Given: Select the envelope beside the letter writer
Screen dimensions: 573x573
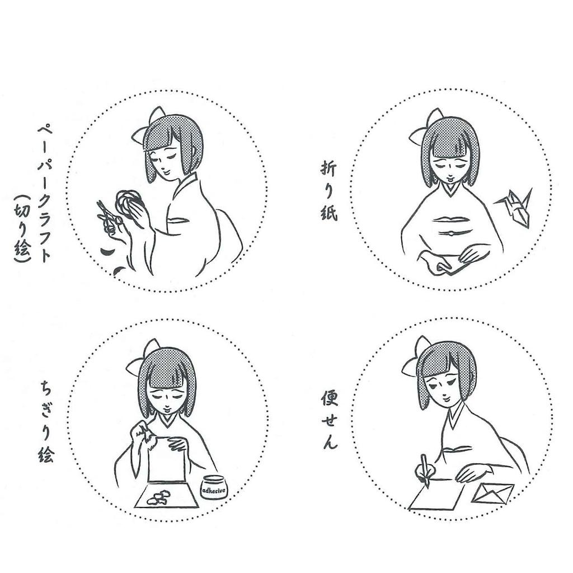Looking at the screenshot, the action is (492, 494).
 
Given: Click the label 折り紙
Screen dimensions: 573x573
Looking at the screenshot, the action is (329, 191).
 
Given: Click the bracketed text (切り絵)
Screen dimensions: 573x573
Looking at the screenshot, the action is (22, 228).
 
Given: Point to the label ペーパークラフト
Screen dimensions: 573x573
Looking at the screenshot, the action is (45, 194).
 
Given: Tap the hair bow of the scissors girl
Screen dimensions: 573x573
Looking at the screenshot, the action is (148, 126).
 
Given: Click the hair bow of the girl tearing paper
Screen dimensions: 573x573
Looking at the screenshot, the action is (143, 359).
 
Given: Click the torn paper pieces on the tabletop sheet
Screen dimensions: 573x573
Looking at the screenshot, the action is (158, 497).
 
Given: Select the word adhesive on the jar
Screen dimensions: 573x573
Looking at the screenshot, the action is (214, 490).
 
